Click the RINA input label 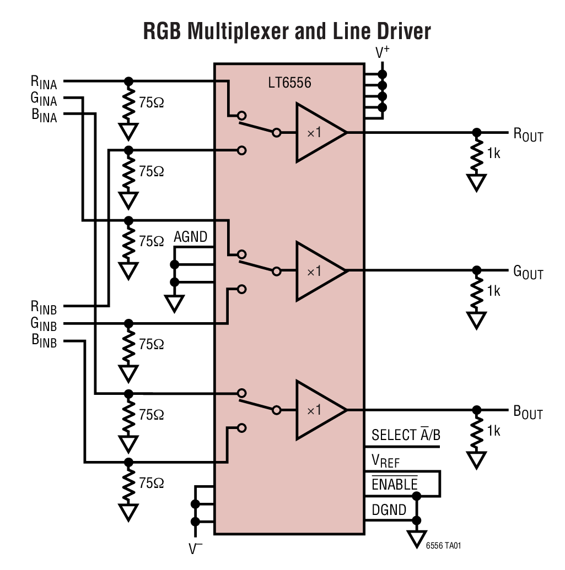tap(44, 83)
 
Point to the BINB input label tap(44, 341)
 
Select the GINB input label tap(44, 324)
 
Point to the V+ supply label tap(383, 53)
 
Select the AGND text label tap(190, 237)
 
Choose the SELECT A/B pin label tap(406, 435)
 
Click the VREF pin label tap(385, 460)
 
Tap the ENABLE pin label tap(394, 484)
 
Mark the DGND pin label tap(389, 509)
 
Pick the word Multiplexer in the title tap(238, 31)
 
